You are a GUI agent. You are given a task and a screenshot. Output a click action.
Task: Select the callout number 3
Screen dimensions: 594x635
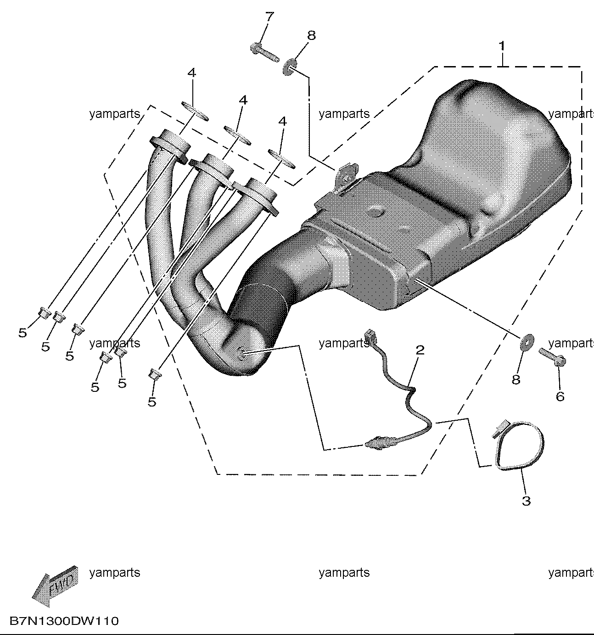(x=527, y=501)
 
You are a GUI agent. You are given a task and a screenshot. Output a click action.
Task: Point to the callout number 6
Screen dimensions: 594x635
(x=560, y=396)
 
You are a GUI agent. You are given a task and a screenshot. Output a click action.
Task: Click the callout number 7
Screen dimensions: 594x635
(x=270, y=17)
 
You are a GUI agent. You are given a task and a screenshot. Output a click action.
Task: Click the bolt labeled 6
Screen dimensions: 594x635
(x=552, y=357)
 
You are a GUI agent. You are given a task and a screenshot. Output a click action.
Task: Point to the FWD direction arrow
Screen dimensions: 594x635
(x=56, y=586)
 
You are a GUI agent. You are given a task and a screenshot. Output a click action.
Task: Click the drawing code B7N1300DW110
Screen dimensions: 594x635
(x=64, y=621)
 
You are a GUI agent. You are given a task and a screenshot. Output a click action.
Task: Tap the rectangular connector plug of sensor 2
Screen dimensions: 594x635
(x=370, y=335)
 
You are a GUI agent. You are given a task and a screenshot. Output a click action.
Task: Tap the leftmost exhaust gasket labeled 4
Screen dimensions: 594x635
(x=195, y=111)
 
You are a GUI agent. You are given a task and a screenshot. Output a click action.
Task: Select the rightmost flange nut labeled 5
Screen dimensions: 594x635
(x=155, y=374)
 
